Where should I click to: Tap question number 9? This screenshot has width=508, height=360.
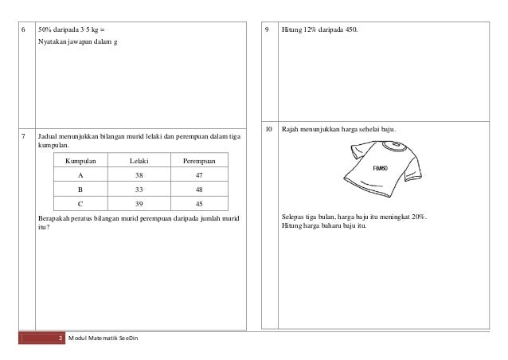pos(268,30)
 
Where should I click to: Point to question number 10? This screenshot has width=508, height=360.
pos(268,129)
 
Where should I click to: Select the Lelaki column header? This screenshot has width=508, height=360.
pos(139,161)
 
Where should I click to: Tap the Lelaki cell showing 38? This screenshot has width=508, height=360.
pos(139,175)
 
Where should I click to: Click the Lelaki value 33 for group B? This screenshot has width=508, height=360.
pos(139,190)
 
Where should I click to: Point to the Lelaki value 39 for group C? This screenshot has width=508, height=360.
pos(139,204)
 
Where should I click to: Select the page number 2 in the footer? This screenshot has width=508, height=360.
pos(61,340)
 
